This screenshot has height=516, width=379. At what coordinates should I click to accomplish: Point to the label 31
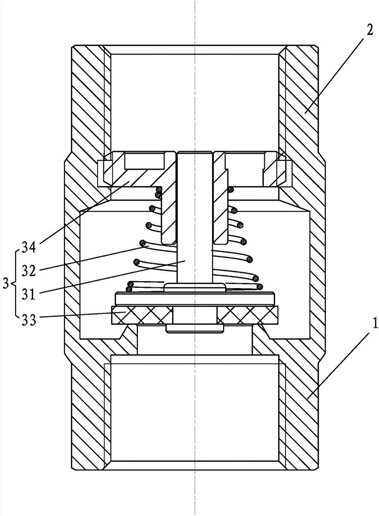point(29,294)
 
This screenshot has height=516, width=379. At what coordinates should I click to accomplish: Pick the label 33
point(28,319)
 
